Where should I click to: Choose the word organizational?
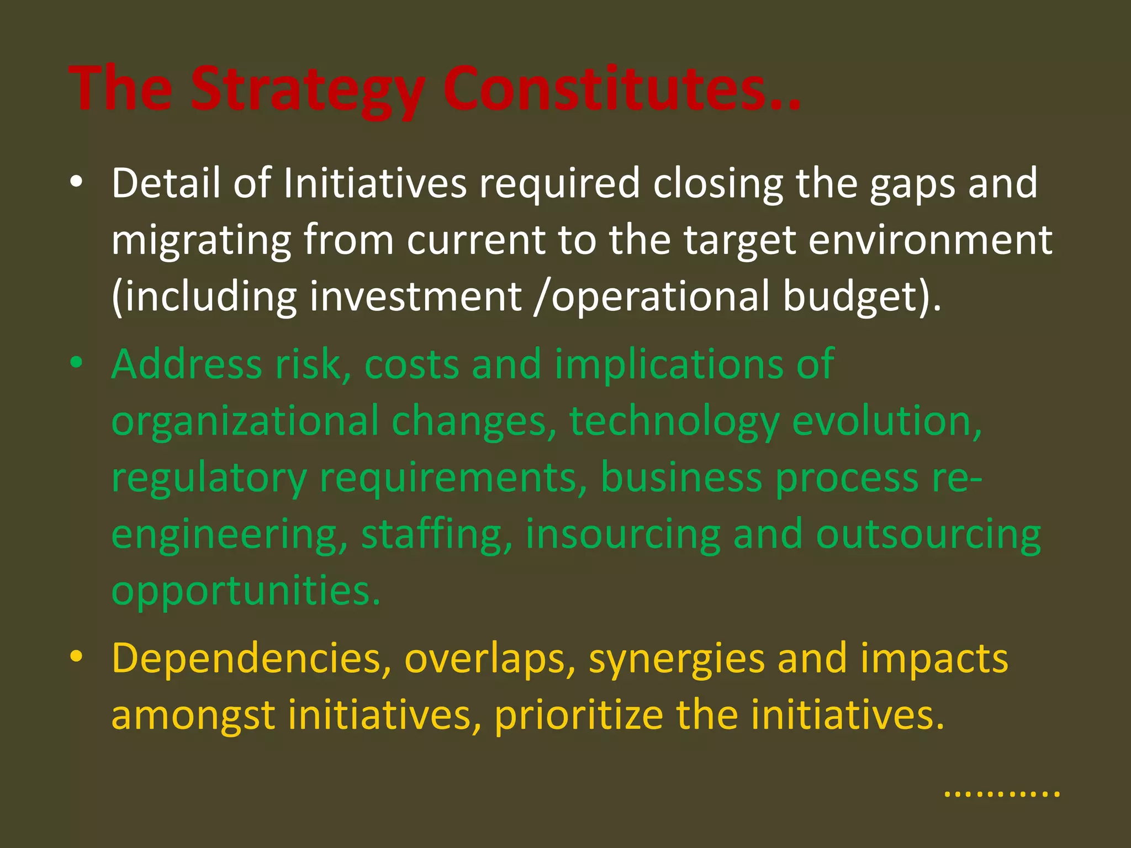(x=245, y=422)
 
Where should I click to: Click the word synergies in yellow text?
(x=676, y=660)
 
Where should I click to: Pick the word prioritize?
(x=578, y=716)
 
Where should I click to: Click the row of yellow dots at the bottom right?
(x=1002, y=794)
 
